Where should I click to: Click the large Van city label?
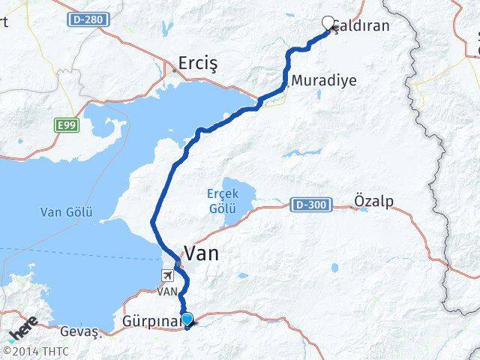pos(201,253)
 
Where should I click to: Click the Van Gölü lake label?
pos(66,212)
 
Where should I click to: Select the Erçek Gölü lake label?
pos(222,199)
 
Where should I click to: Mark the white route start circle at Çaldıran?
pos(328,23)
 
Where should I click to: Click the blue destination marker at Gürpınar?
pos(187,319)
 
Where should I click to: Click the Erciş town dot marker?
pos(175,70)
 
